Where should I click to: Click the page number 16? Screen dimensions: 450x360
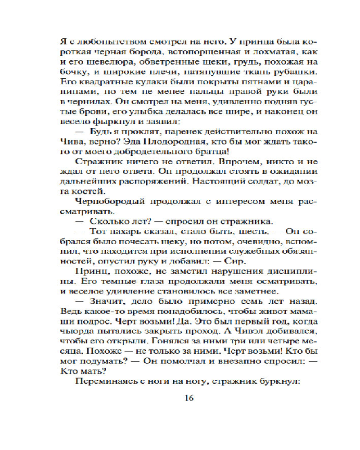pos(189,397)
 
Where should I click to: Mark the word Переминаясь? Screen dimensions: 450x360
pos(103,382)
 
